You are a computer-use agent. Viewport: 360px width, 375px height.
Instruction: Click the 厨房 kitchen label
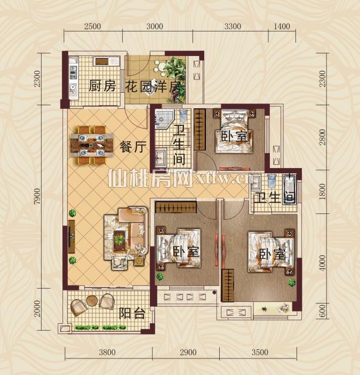pos(102,86)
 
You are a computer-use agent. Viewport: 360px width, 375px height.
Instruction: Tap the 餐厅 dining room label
pos(133,147)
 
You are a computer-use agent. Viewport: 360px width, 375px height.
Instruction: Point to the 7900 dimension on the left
pos(37,196)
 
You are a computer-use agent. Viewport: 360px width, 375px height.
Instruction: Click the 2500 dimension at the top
pos(92,26)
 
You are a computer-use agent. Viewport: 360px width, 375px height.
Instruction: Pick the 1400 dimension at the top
pos(282,26)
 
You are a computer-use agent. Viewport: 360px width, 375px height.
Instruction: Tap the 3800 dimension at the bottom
pos(107,352)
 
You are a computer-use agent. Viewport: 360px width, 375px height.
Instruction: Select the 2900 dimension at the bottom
pos(188,352)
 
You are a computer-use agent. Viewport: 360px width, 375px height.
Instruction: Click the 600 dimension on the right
pos(323,311)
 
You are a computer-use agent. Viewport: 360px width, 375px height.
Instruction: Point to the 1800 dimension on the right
pos(323,192)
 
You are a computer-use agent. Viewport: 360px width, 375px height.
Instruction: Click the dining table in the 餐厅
pos(92,145)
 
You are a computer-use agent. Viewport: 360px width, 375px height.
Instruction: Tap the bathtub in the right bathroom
pos(290,190)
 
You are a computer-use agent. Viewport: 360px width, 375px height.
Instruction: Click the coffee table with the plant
pos(119,240)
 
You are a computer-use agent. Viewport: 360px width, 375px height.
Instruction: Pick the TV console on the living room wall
pos(71,236)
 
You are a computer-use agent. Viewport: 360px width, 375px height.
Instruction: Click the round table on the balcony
pos(92,301)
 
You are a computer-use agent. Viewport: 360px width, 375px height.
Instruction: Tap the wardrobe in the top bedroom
pos(199,130)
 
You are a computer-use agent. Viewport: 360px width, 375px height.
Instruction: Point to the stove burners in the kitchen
pos(73,73)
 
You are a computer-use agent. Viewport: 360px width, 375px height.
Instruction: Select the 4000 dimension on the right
pos(323,262)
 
